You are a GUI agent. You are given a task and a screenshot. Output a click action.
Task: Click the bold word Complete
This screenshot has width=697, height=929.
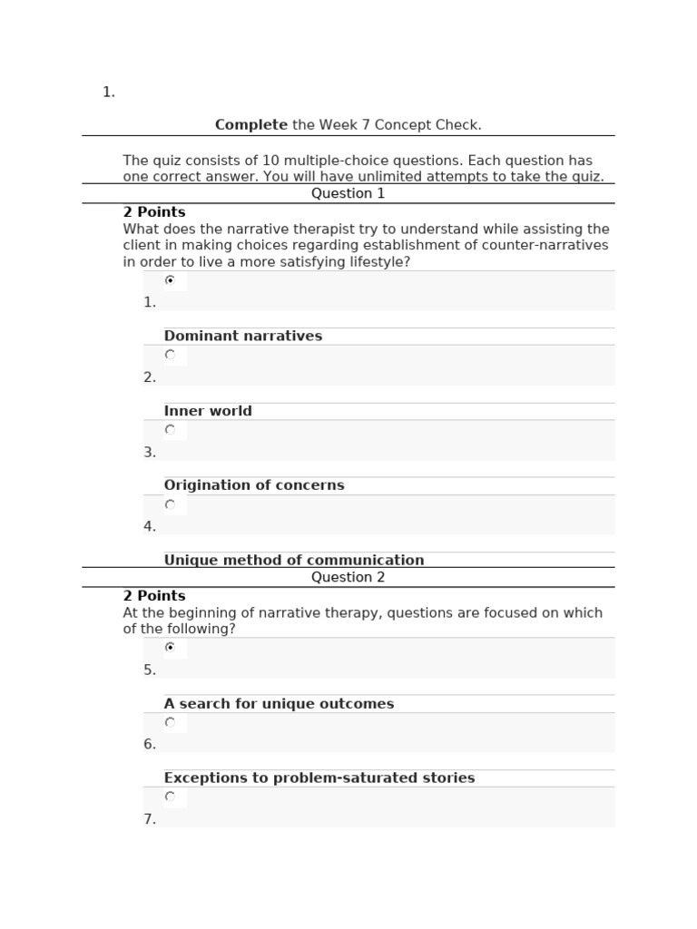[x=250, y=125]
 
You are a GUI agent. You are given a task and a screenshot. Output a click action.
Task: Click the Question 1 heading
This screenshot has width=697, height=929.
[x=348, y=193]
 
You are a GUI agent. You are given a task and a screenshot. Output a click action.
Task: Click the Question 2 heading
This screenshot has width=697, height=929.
[x=348, y=577]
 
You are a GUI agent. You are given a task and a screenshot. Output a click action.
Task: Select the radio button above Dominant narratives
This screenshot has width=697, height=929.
[x=170, y=280]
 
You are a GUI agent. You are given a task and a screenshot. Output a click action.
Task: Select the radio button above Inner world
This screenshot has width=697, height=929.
[x=170, y=355]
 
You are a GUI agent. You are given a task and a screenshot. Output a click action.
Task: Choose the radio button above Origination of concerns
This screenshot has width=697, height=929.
[x=170, y=430]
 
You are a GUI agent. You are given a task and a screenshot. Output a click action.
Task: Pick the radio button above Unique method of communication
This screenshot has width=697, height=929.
[x=170, y=504]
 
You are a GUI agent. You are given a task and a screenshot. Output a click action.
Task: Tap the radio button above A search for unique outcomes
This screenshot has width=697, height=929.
[x=170, y=648]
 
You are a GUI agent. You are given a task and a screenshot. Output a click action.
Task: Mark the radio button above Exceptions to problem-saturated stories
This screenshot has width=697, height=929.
[x=170, y=722]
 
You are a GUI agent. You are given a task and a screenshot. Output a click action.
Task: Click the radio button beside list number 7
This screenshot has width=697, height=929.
[x=170, y=797]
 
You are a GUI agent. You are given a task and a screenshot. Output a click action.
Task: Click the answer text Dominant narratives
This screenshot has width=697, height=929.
[x=242, y=336]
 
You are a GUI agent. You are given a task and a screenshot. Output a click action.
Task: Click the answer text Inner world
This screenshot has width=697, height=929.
[x=208, y=411]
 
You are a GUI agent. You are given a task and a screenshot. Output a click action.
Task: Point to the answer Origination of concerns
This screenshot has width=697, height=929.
[x=254, y=485]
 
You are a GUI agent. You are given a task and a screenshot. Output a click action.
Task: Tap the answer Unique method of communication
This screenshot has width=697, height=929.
[x=294, y=560]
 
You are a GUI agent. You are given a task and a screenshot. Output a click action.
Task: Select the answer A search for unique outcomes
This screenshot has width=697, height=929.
[x=279, y=704]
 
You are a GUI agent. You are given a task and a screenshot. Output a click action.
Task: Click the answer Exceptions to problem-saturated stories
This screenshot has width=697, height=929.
[x=319, y=778]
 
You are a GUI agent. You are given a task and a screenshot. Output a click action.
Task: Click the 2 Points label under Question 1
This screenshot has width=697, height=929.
[x=154, y=212]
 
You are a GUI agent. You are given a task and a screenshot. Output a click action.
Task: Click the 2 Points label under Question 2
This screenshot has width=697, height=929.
[x=154, y=596]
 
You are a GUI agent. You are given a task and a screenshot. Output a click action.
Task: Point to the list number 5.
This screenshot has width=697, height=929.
[x=150, y=670]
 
